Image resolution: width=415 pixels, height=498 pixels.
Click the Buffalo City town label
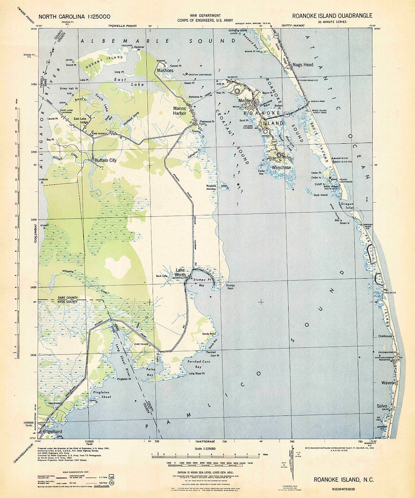(105, 160)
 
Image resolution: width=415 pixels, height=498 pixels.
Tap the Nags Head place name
(303, 65)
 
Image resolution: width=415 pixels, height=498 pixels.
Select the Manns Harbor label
(179, 111)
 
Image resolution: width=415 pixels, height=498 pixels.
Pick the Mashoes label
(165, 71)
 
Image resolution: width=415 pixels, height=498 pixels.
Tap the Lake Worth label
(180, 272)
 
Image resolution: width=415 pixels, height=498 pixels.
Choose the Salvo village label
(382, 406)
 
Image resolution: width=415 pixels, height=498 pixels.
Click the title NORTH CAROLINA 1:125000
(75, 16)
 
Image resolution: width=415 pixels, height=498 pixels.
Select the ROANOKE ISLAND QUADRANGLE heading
(332, 16)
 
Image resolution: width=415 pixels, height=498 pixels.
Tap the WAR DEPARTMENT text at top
(205, 15)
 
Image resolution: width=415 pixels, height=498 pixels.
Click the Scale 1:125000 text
(205, 448)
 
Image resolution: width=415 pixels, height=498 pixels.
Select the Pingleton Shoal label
(101, 394)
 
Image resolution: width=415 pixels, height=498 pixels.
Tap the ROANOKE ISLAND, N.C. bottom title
(344, 480)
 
